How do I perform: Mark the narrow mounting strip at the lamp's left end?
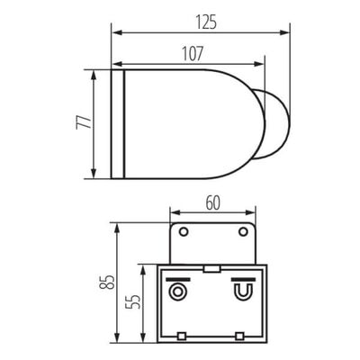tap(116, 123)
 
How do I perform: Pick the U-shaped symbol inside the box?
tap(241, 292)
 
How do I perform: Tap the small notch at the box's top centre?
tap(211, 266)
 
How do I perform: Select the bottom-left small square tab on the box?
tap(182, 337)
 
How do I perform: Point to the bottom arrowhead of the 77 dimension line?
tap(94, 175)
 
